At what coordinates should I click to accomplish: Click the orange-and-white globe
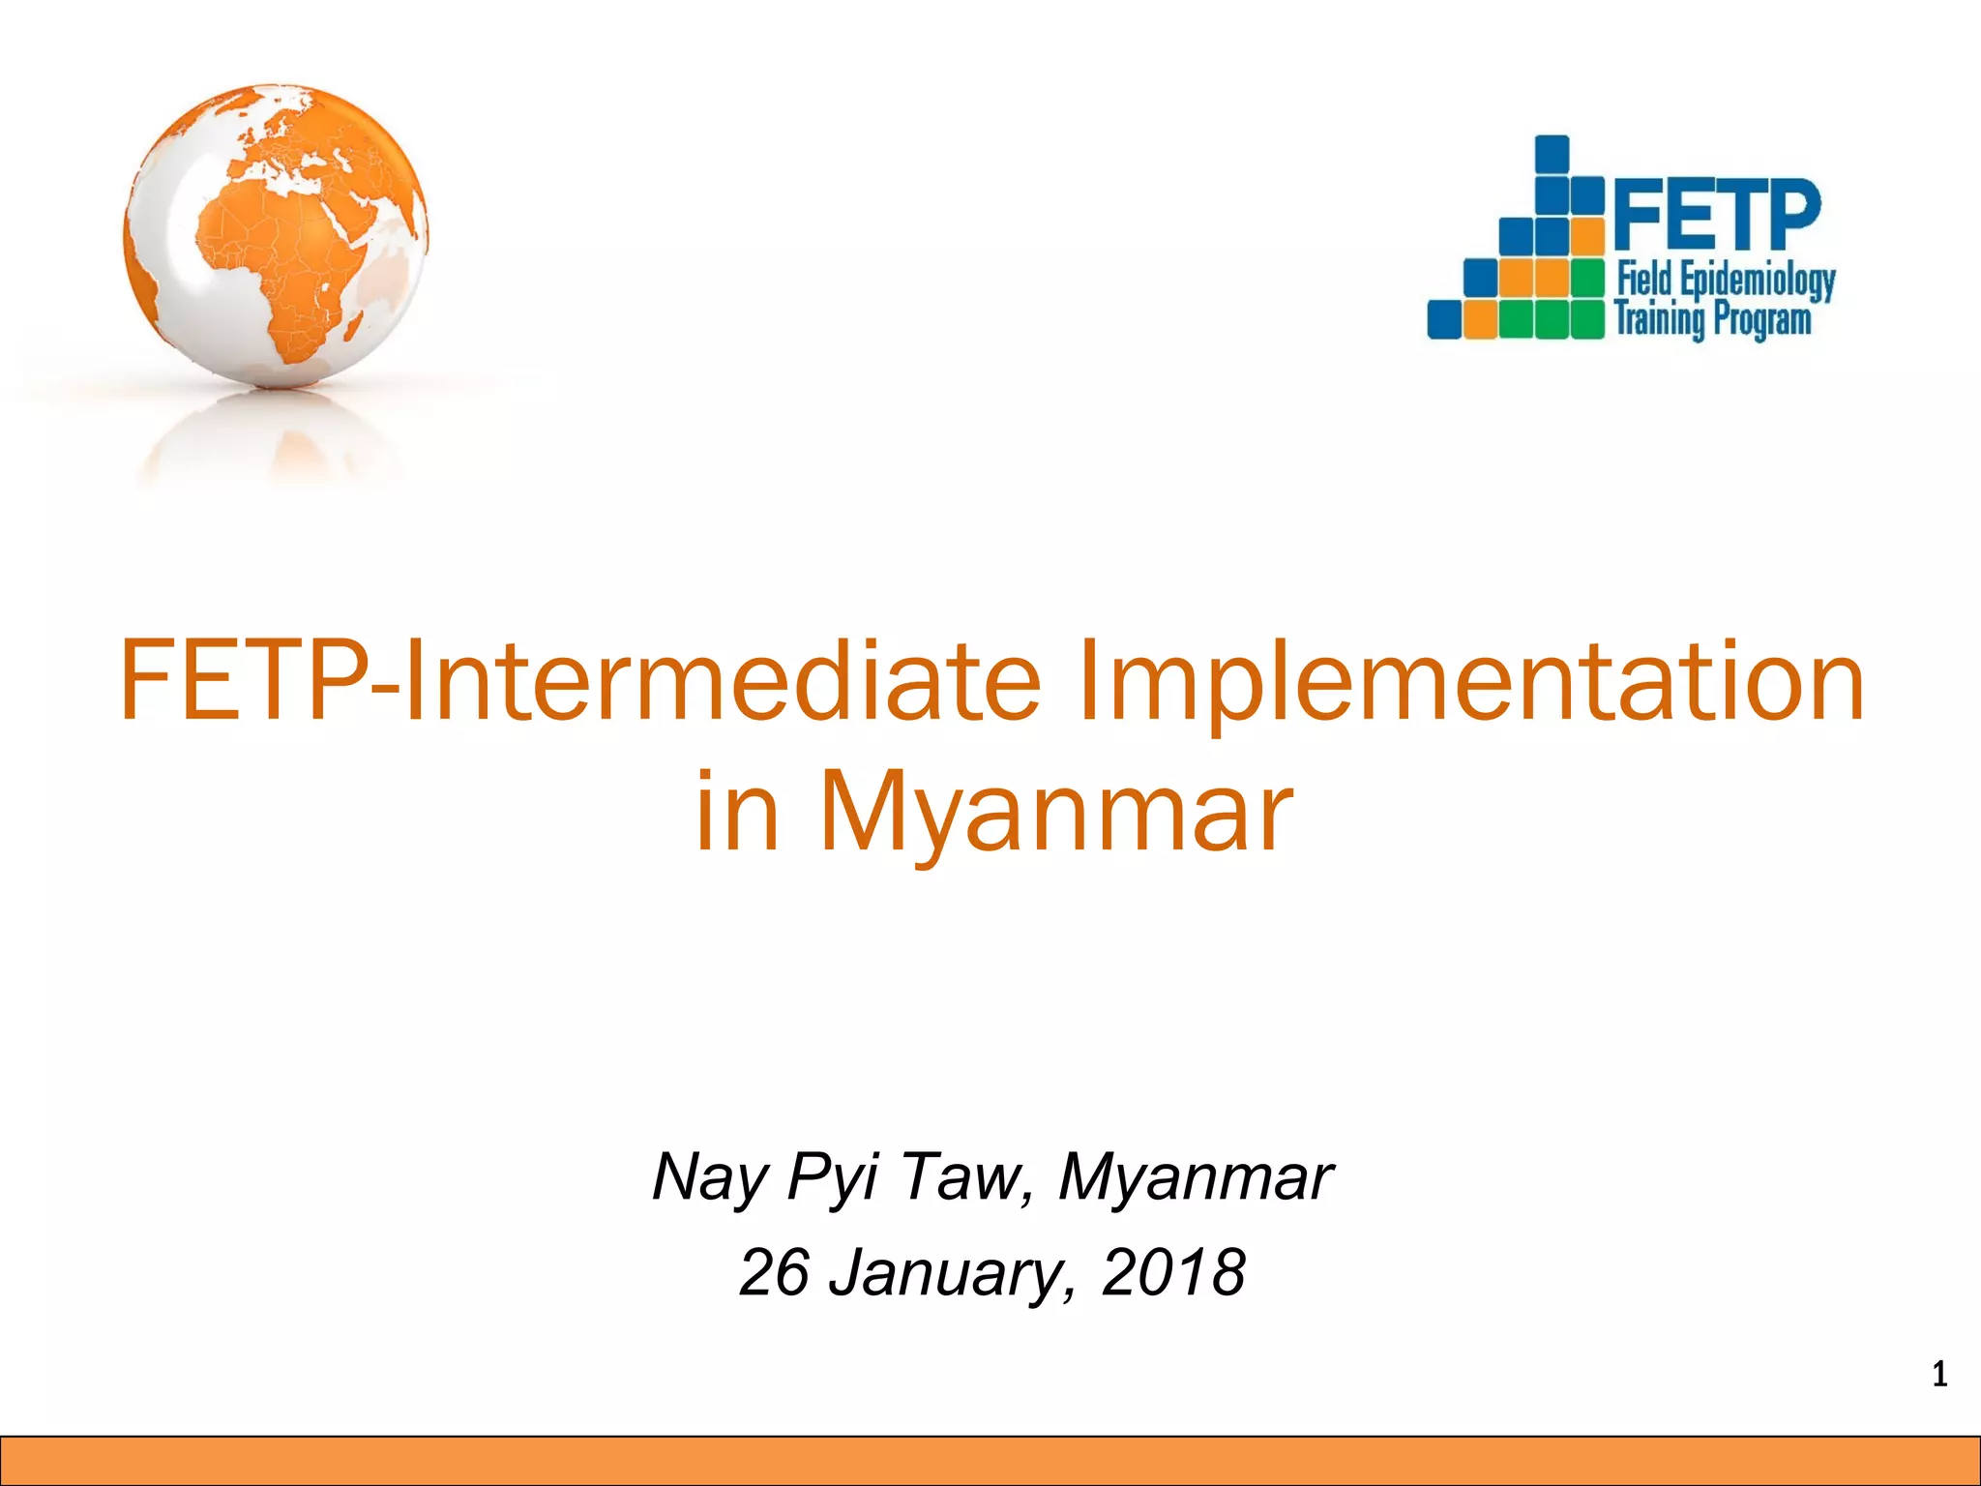pos(276,237)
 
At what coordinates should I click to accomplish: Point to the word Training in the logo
pos(1658,318)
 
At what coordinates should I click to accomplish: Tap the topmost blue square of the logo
pos(1552,153)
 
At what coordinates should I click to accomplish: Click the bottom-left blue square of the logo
pos(1445,318)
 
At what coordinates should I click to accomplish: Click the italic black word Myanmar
pos(1196,1176)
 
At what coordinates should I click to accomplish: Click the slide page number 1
pos(1938,1375)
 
